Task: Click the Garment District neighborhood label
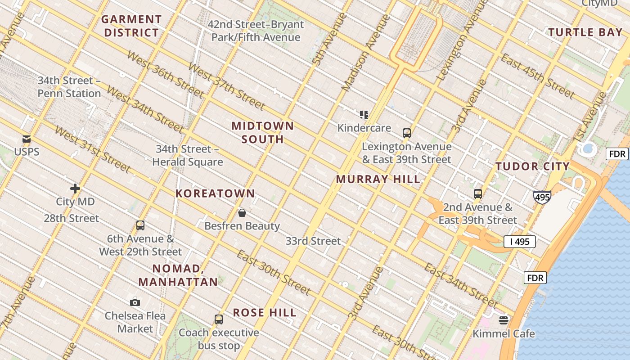131,26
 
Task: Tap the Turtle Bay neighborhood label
585,32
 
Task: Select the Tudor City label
533,166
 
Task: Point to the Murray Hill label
378,179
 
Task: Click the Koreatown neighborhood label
215,193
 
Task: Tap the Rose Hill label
265,313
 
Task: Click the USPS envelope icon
27,139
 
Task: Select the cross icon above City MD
75,189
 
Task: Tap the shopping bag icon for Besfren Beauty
242,213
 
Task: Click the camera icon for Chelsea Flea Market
135,303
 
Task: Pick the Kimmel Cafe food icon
504,320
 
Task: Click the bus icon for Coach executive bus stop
219,319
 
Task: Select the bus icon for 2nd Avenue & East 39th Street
478,194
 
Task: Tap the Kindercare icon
364,115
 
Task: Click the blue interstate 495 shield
542,197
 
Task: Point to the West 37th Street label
226,86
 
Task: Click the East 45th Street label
537,76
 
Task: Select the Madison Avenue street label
365,53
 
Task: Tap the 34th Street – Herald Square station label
187,155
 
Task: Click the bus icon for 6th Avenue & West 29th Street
140,225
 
